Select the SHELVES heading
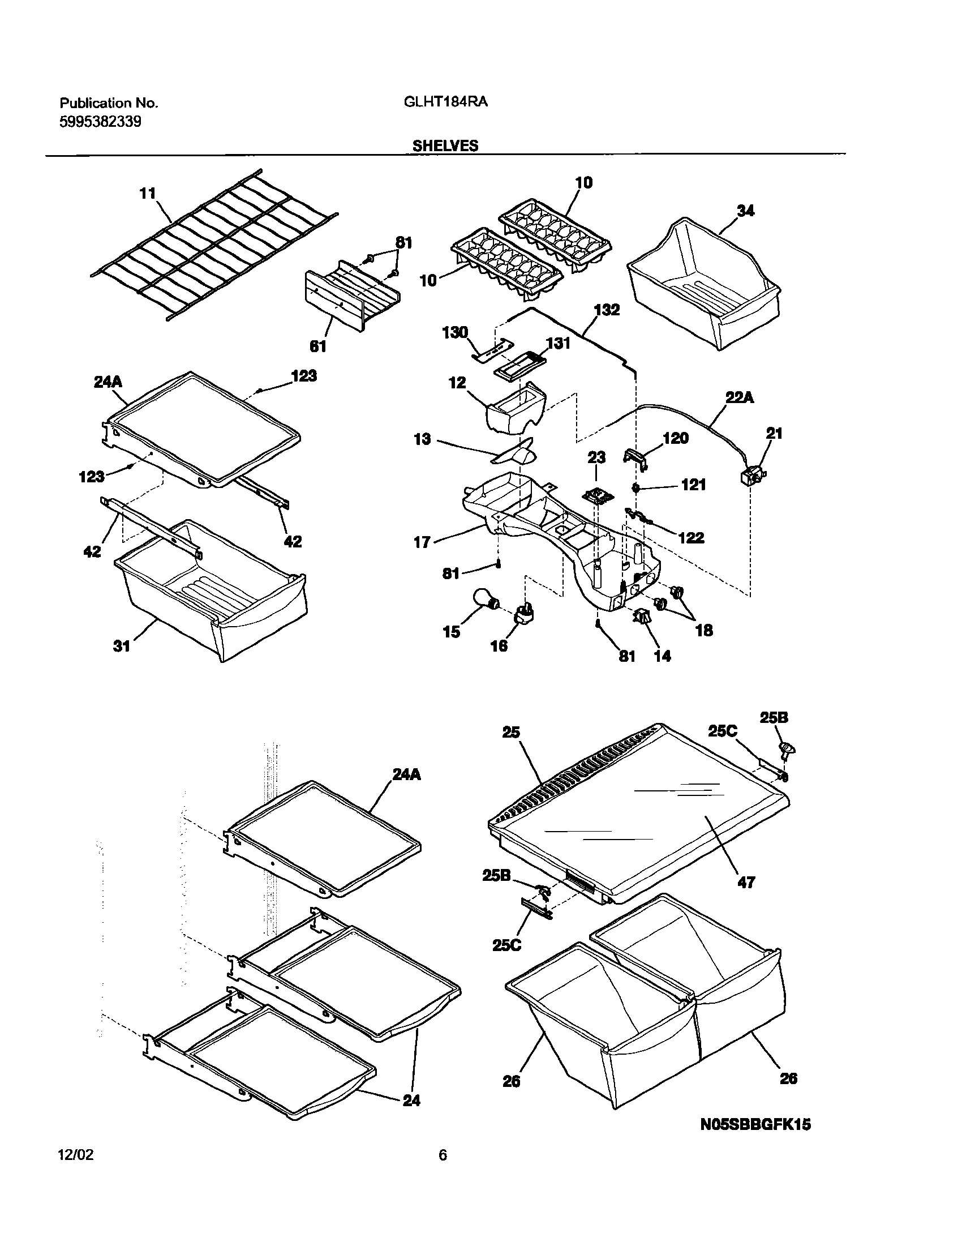coord(445,145)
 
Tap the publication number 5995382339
coord(100,121)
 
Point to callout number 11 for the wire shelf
coord(147,194)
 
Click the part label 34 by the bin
coord(745,211)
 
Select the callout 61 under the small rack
coord(319,346)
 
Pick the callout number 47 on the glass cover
coord(746,881)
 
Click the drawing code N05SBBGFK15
coord(755,1124)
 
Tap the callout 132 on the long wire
coord(607,310)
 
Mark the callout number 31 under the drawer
coord(122,645)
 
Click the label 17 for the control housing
coord(422,542)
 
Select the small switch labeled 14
coord(642,617)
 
